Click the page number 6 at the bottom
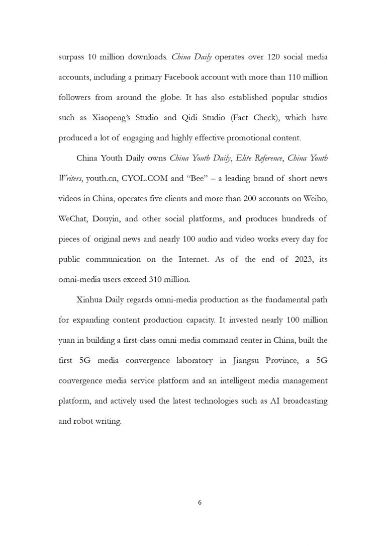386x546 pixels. (200, 502)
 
